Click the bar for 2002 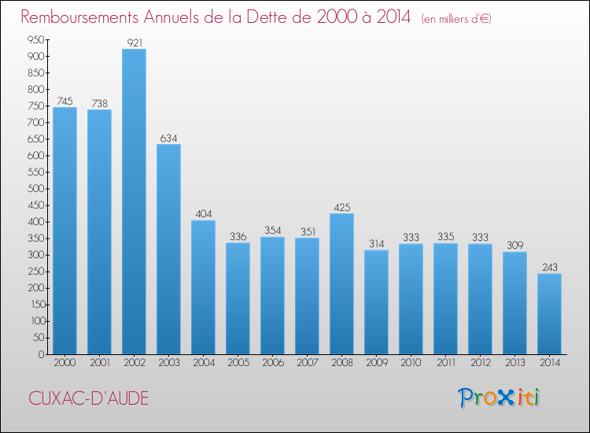tap(134, 202)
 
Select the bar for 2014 tap(549, 313)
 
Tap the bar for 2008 tap(341, 283)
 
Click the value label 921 tap(134, 43)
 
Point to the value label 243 tap(549, 268)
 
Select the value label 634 tap(168, 139)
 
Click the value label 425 tap(341, 208)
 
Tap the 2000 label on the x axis tap(65, 364)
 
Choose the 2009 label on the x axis tap(376, 364)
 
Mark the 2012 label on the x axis tap(480, 364)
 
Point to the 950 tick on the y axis tap(34, 40)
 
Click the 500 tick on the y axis tap(34, 189)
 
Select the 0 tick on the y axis tap(39, 354)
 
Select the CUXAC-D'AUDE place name tap(88, 398)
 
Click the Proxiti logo tap(500, 398)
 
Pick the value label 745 tap(65, 102)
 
